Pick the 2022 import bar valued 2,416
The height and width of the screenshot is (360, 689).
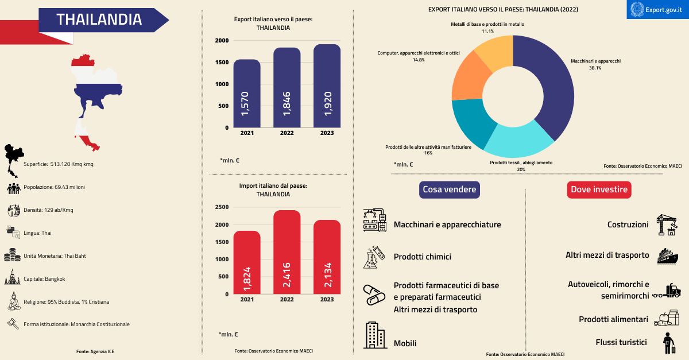click(287, 253)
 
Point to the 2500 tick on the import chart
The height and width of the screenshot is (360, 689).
click(222, 207)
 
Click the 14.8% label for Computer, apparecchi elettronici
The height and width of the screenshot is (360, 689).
click(418, 60)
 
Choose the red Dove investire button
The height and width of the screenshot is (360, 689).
click(599, 189)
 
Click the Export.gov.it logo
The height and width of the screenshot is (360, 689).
click(657, 10)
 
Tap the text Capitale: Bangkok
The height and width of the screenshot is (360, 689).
click(44, 279)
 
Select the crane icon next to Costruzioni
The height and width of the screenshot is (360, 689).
click(666, 225)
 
